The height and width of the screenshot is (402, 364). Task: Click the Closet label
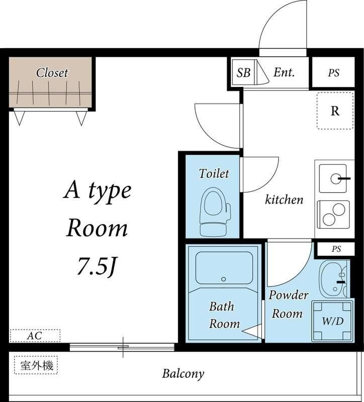click(x=52, y=73)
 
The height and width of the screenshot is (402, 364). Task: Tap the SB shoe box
click(x=244, y=72)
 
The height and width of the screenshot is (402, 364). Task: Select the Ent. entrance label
click(x=284, y=72)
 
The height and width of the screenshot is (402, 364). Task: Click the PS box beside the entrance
click(x=333, y=72)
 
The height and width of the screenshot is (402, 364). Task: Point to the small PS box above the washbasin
click(x=336, y=249)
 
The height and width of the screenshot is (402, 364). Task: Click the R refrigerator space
click(x=335, y=111)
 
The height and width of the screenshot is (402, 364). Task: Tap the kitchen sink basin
click(x=333, y=179)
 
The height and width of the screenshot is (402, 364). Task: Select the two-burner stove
click(x=333, y=215)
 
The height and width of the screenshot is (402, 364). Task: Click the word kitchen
click(x=284, y=199)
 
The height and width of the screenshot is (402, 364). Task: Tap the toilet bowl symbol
click(x=215, y=212)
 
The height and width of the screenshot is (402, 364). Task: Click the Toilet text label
click(x=214, y=173)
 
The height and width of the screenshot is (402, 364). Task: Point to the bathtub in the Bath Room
click(x=224, y=268)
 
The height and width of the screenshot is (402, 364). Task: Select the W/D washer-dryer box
click(x=333, y=321)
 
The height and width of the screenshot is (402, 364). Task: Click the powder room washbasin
click(x=333, y=279)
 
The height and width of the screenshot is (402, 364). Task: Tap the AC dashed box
click(x=35, y=336)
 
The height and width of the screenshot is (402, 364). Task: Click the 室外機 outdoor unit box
click(x=36, y=365)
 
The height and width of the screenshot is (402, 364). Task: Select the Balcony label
click(x=183, y=374)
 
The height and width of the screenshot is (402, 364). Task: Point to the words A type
click(x=98, y=191)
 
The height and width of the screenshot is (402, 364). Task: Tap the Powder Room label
click(x=288, y=305)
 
